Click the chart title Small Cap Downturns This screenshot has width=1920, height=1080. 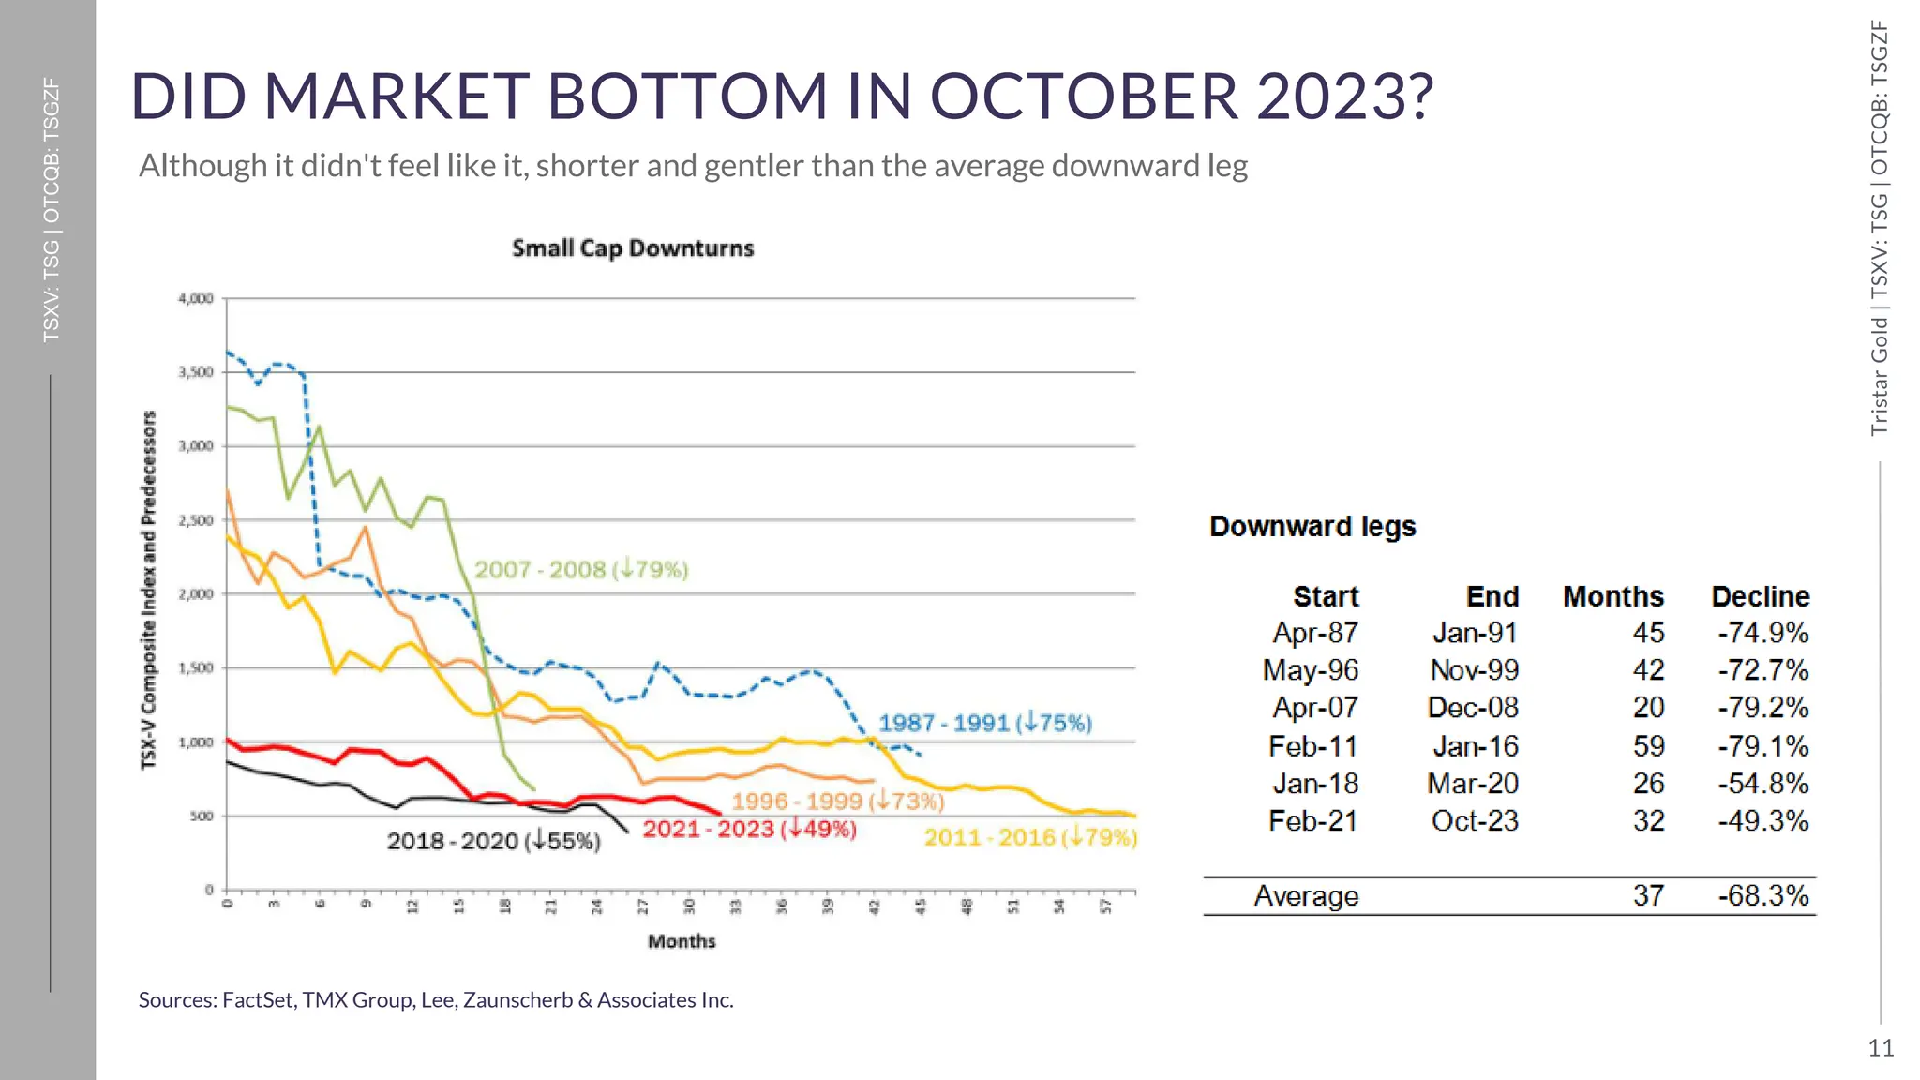coord(633,248)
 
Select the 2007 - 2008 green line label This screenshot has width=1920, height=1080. coord(580,570)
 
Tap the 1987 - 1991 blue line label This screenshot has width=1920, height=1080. coord(984,723)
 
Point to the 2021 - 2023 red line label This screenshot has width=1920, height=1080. coord(749,830)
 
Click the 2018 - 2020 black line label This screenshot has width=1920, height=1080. coord(493,841)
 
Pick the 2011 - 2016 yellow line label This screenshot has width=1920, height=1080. coord(1029,837)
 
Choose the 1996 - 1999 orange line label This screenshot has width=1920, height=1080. coord(836,802)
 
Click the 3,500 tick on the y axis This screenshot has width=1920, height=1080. coord(196,372)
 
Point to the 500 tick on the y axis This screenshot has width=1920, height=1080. coord(202,817)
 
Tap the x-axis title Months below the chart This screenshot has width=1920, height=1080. coord(682,941)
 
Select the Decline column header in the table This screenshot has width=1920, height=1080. coord(1760,597)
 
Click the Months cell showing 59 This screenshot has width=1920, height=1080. coord(1648,747)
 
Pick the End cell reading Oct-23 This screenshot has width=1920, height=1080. coord(1474,821)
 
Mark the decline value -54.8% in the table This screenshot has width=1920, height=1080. coord(1762,784)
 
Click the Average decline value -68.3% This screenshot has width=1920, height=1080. coord(1762,896)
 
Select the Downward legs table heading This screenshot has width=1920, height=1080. coord(1312,527)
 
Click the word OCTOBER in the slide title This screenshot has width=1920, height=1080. coord(1083,97)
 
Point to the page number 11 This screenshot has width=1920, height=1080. coord(1880,1048)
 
